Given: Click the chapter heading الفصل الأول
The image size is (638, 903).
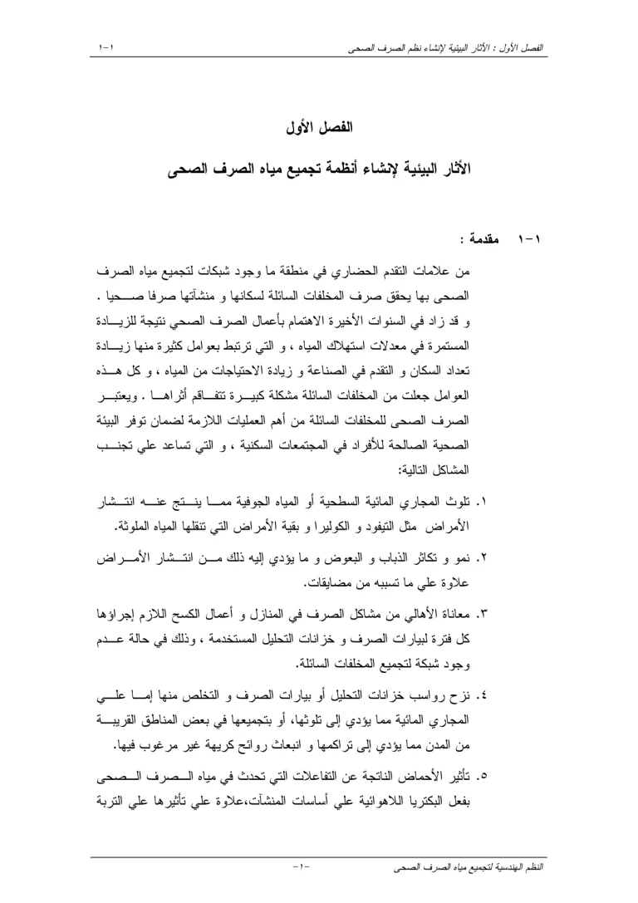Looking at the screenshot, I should point(318,129).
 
